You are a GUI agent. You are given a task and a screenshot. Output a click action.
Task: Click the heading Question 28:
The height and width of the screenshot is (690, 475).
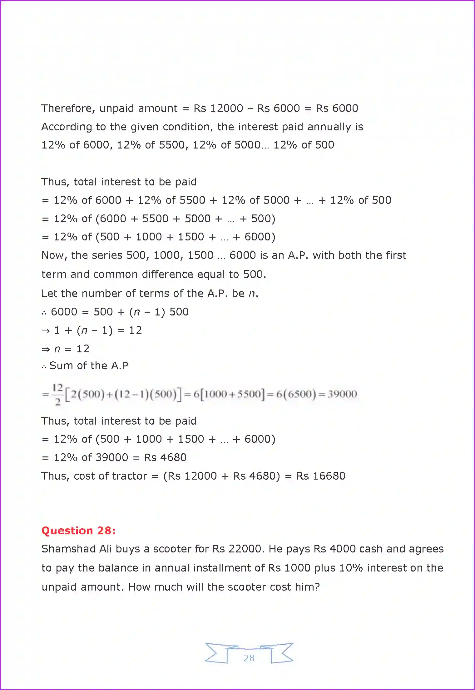(x=78, y=531)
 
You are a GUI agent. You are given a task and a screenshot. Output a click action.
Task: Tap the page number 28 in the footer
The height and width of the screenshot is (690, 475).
(x=249, y=658)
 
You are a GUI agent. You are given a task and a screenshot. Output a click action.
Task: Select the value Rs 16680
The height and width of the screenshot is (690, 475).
(x=321, y=476)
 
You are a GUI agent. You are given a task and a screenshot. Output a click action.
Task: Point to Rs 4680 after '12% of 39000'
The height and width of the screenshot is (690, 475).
(x=165, y=457)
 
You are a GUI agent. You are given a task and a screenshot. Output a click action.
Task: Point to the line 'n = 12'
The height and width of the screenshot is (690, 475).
(x=72, y=349)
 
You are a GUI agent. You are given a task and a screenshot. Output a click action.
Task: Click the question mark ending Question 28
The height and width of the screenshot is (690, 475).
(x=317, y=587)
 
